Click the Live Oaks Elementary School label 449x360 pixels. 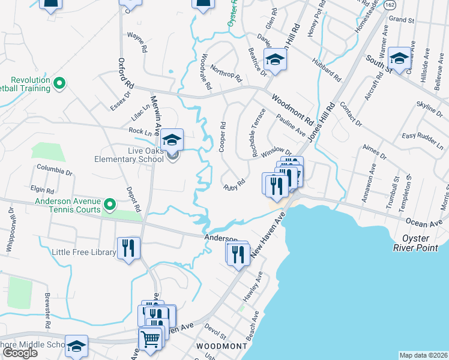[128, 155]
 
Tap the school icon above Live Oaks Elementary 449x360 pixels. [172, 140]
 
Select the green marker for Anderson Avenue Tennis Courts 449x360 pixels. [109, 206]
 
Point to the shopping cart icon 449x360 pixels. [151, 339]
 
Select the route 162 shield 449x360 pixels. [390, 4]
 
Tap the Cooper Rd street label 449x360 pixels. [223, 137]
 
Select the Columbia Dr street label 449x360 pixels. [55, 172]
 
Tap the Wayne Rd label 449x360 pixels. [137, 43]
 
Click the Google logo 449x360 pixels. [20, 353]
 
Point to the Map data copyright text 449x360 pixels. [423, 355]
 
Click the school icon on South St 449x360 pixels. [399, 58]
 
